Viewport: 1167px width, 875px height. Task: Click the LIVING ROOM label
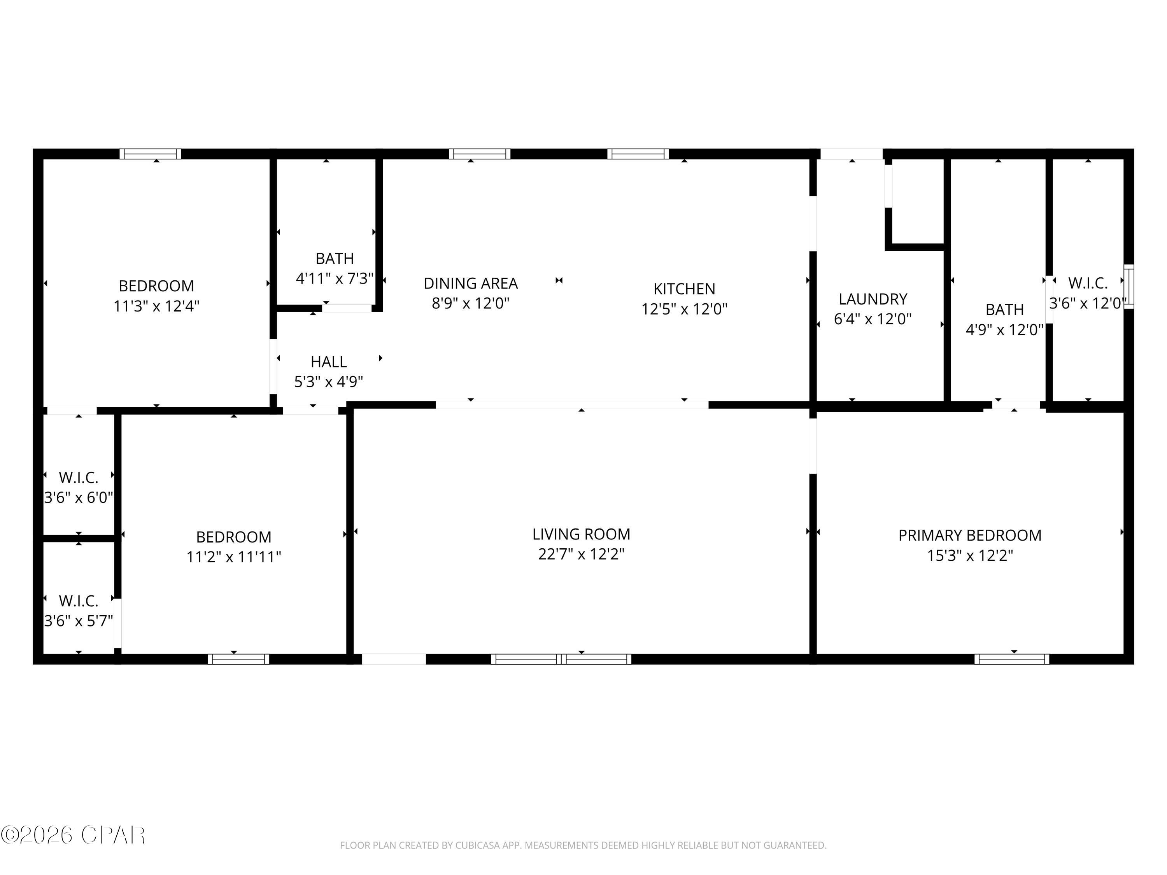[x=581, y=534]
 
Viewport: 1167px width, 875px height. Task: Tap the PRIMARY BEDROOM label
[x=970, y=535]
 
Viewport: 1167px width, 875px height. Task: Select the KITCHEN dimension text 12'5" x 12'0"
[x=684, y=309]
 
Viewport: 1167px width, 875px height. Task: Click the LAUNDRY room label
[x=873, y=299]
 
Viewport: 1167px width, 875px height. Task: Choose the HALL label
[x=328, y=362]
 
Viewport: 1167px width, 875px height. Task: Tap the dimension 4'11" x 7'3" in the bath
[x=335, y=278]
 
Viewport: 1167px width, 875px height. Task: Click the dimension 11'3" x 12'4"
[x=156, y=306]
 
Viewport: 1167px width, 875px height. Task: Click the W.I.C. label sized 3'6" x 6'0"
[x=79, y=477]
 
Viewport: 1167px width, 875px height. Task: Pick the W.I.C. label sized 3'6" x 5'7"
[x=79, y=601]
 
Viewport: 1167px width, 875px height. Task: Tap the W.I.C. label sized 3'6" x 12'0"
[x=1087, y=283]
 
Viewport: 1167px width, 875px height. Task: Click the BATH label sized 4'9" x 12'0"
[x=1004, y=310]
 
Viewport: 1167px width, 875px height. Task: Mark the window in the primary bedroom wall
[x=1011, y=659]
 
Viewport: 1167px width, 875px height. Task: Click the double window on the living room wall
[x=561, y=659]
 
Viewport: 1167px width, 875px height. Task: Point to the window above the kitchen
[x=638, y=154]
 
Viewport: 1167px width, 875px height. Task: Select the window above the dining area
[x=480, y=154]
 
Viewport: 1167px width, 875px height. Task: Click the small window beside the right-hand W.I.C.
[x=1128, y=286]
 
